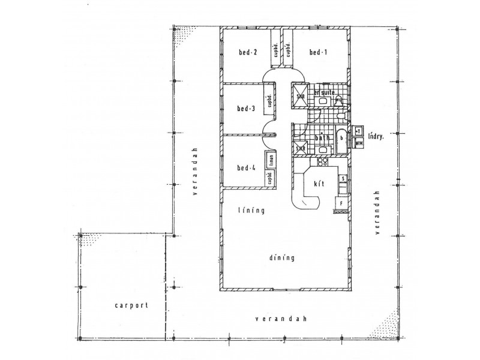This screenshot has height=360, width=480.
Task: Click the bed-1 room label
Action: click(318, 53)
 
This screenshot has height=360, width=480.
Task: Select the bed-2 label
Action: click(247, 53)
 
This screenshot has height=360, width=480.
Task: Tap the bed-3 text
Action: click(246, 109)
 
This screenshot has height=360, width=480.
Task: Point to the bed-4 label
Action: click(246, 167)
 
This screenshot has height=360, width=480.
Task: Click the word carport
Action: click(131, 305)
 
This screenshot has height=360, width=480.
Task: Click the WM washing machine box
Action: click(359, 144)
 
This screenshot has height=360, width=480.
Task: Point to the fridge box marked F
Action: click(341, 204)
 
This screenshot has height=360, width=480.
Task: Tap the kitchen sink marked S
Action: click(342, 179)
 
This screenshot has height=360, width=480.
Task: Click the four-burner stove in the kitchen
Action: click(322, 161)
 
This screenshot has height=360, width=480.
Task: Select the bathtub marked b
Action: click(341, 137)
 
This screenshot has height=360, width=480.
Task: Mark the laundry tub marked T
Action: click(358, 130)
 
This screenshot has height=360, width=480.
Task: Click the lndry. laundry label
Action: click(377, 136)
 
